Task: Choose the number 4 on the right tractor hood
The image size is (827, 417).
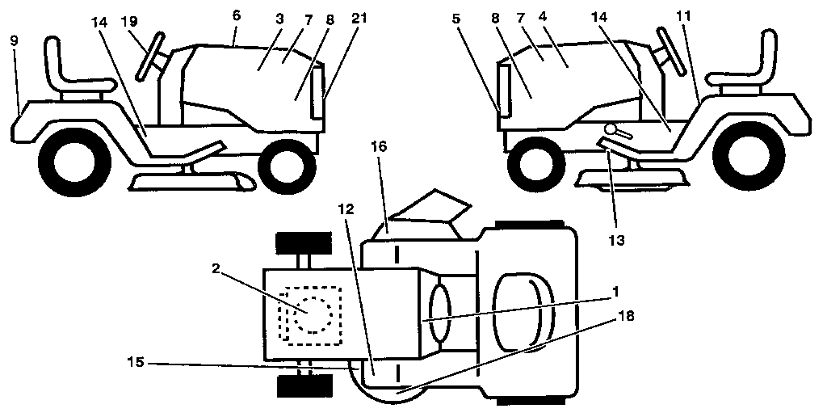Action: tap(566, 37)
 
